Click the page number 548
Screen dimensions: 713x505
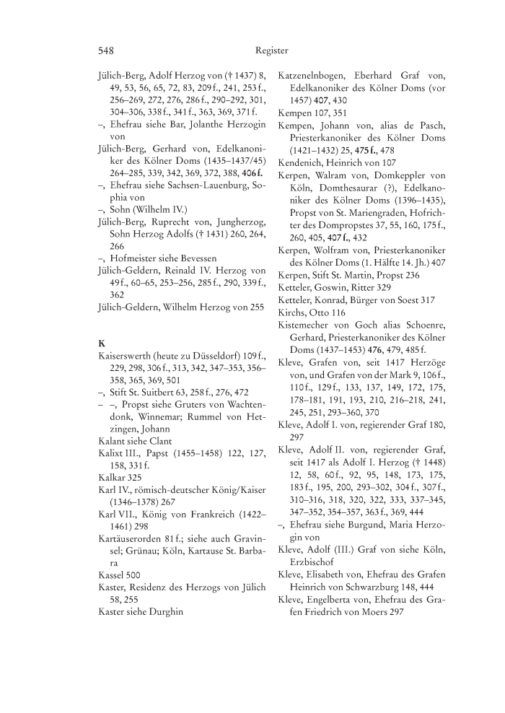(x=106, y=51)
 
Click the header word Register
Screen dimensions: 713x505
(x=271, y=51)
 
